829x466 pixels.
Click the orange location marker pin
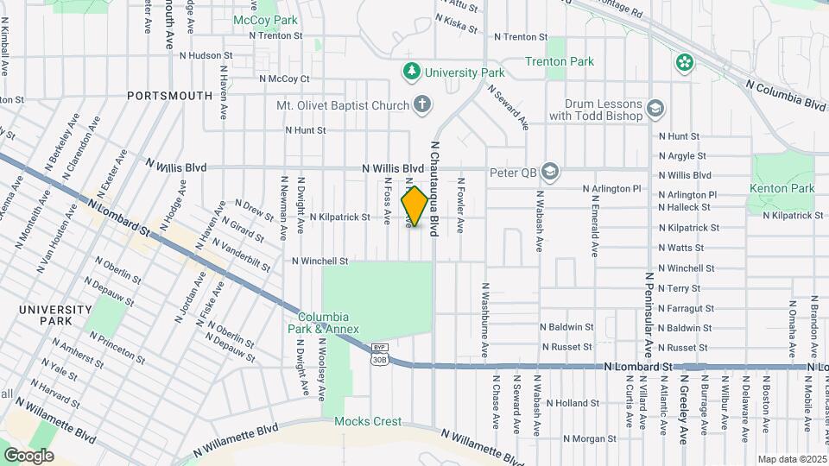414,206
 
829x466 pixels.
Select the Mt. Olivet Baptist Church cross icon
421,105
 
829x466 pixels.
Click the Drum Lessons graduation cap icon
655,108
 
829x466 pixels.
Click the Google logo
28,455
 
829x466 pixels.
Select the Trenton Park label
560,62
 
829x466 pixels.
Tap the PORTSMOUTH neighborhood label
169,96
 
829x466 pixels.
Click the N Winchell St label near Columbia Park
320,261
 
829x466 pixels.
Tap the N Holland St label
571,403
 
